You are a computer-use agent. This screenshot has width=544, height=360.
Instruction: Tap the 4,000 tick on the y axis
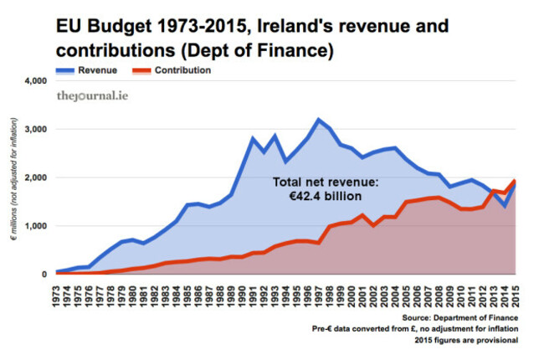[29, 82]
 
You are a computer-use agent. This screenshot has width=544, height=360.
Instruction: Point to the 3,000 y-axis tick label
[29, 130]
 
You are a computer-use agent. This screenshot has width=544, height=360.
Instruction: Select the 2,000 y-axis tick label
[29, 178]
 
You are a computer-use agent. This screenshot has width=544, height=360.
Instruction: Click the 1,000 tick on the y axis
[29, 226]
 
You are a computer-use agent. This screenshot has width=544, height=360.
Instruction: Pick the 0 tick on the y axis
[38, 274]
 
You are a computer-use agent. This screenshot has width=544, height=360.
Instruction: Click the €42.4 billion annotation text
[320, 196]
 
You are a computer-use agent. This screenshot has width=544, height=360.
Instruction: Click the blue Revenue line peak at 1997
[318, 120]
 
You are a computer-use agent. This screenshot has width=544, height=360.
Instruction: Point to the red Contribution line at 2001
[362, 215]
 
